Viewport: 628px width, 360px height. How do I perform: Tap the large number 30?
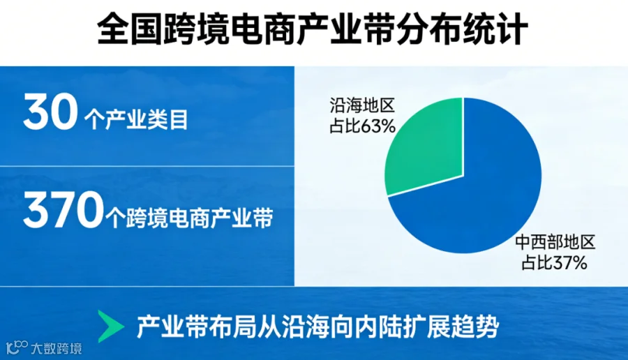50,112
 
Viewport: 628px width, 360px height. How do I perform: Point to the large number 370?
63,209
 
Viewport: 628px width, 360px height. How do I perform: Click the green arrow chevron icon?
111,327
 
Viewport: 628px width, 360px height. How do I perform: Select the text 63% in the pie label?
378,126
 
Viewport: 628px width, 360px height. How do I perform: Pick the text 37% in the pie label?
570,263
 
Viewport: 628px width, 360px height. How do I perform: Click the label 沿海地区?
362,106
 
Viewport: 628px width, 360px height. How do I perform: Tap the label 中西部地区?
555,242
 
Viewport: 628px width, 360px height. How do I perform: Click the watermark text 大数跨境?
57,348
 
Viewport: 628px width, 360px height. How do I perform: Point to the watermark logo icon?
17,347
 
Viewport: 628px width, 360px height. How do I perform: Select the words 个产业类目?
136,119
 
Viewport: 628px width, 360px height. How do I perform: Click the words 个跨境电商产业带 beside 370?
190,218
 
